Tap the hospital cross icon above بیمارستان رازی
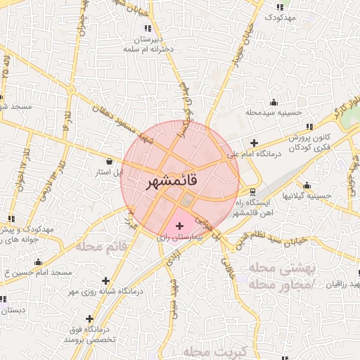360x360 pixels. [180, 226]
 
